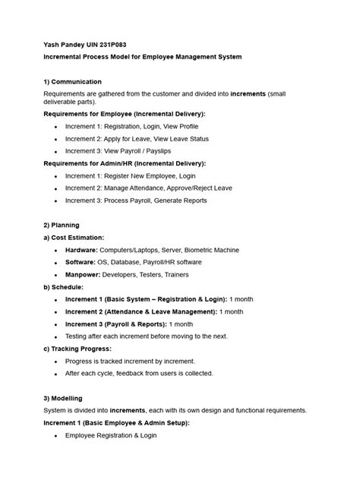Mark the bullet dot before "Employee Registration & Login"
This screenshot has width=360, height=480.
[x=56, y=435]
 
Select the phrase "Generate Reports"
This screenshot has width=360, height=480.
[x=178, y=201]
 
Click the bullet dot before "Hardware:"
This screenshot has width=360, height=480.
[x=56, y=250]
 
